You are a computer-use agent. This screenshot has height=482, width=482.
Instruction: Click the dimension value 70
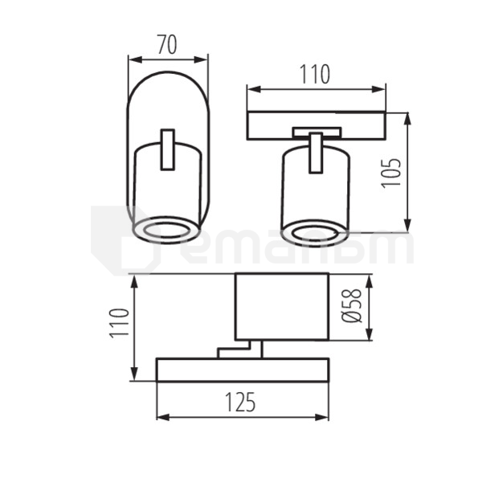coord(167,46)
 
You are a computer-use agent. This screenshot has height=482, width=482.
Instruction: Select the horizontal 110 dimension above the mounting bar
coord(315,75)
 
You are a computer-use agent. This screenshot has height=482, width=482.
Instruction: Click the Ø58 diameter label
coord(353,306)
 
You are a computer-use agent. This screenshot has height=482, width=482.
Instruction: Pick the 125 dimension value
coord(240,402)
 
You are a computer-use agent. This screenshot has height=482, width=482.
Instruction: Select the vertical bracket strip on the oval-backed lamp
coord(168,149)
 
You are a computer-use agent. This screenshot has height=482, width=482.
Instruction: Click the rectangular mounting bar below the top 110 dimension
coord(316,125)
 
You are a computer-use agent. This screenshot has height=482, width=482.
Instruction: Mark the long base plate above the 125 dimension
coord(242,370)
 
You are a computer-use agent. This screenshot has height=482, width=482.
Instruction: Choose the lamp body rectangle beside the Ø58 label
coord(281,306)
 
